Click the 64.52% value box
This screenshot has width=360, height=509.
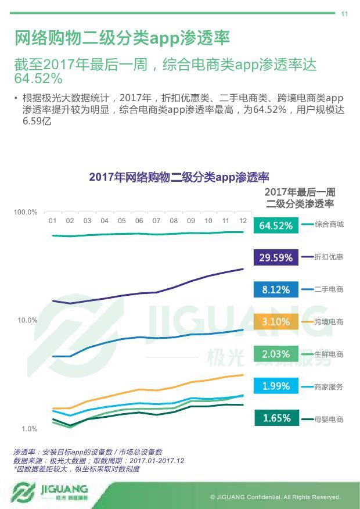[276, 225]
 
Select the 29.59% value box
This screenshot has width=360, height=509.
[276, 257]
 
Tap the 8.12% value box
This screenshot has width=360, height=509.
[276, 289]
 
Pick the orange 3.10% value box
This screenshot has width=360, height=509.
[276, 321]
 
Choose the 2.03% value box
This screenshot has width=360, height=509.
[276, 354]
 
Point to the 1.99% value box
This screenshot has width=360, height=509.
[276, 386]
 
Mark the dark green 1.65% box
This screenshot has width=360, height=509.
[276, 418]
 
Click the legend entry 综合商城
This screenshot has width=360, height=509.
[329, 224]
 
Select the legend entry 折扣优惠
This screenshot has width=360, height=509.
[329, 257]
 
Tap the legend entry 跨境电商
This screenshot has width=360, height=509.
[329, 321]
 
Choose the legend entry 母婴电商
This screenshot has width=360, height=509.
[329, 418]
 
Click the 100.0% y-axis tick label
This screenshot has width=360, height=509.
[26, 213]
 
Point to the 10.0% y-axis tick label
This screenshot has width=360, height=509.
[27, 320]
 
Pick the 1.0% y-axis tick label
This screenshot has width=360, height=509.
[29, 429]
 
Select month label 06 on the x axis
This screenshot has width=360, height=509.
[139, 221]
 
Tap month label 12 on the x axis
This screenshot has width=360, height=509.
[243, 221]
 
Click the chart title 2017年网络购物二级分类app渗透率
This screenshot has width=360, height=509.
[179, 177]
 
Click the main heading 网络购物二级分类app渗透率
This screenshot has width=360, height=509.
[122, 38]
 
